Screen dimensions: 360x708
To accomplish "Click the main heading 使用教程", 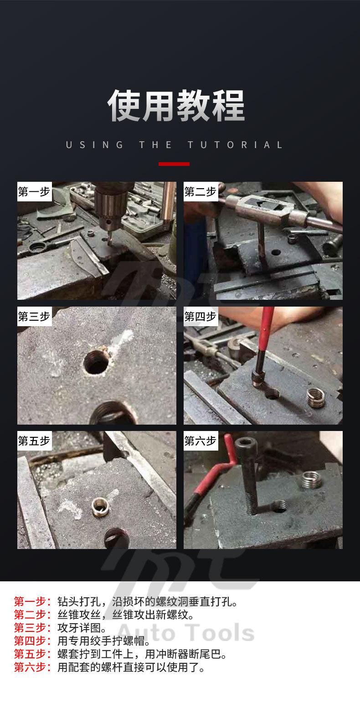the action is (176, 105).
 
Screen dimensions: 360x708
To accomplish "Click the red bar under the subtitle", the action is (174, 164).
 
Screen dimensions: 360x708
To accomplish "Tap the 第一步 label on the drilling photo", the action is (34, 191).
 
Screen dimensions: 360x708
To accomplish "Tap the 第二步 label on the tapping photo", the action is (200, 191).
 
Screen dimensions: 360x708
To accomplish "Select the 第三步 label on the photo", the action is (34, 316).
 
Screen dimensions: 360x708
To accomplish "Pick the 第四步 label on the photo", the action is (200, 316).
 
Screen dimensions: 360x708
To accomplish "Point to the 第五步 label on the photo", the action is (34, 441).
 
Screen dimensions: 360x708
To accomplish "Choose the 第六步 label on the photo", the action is (200, 441).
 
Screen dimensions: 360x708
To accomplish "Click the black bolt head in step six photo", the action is (246, 446).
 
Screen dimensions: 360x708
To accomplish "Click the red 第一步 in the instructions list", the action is (32, 601).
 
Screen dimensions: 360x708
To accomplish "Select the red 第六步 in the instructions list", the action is (32, 667).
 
